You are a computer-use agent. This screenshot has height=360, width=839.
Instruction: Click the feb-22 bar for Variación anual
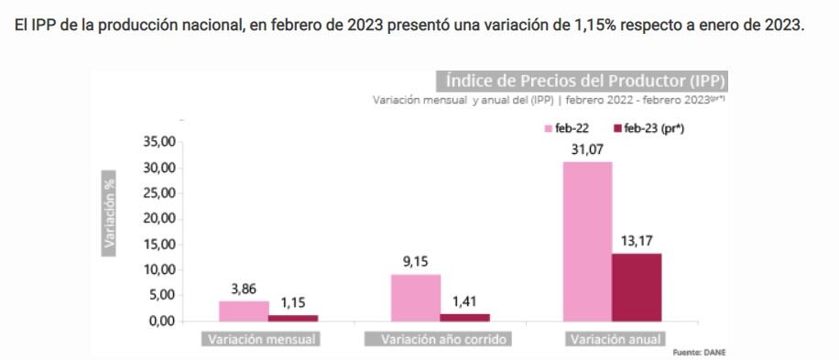[x=587, y=241]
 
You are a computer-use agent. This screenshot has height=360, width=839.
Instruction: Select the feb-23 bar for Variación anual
[x=637, y=287]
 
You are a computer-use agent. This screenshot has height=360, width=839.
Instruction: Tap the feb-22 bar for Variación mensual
[x=244, y=311]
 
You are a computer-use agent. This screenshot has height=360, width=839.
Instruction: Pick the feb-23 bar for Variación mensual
[x=293, y=318]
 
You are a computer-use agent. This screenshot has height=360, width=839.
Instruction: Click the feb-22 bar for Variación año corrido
[x=416, y=298]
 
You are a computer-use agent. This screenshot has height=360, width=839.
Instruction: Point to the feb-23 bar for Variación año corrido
[x=465, y=317]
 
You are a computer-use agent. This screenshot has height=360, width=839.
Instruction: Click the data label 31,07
[x=587, y=149]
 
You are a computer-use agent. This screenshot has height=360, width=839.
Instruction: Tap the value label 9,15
[x=416, y=262]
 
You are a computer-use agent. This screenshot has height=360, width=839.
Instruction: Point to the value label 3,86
[x=244, y=289]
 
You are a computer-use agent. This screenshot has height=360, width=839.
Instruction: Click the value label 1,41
[x=465, y=301]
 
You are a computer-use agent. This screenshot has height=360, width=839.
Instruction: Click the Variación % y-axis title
[x=110, y=210]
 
